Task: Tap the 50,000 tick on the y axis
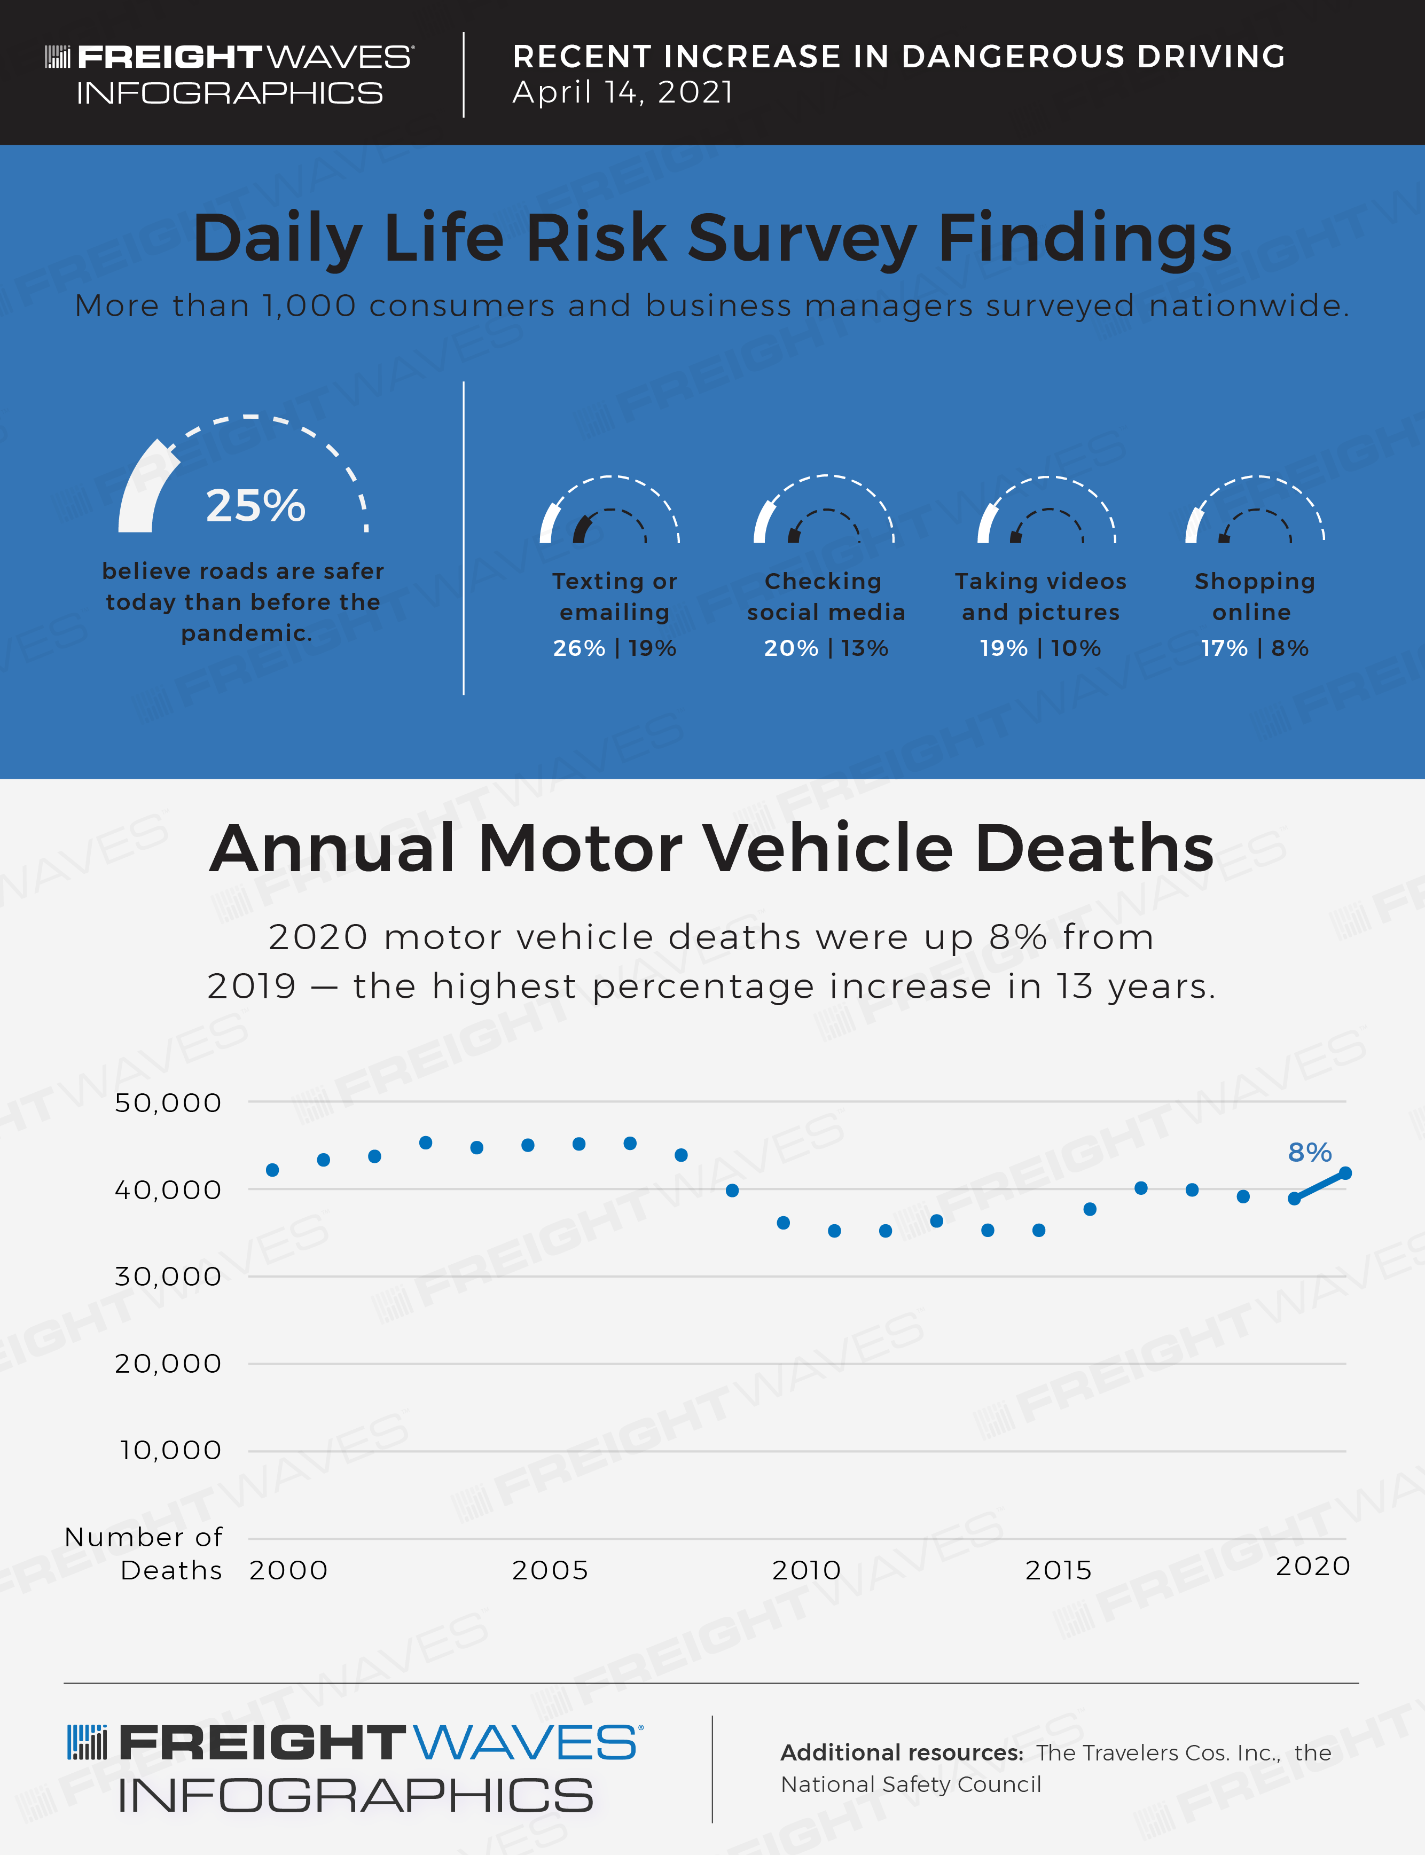[x=168, y=1102]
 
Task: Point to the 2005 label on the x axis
[x=550, y=1570]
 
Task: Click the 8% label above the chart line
[x=1309, y=1152]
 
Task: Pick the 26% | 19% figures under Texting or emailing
[x=614, y=648]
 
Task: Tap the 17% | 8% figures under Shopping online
[x=1254, y=648]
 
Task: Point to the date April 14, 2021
[x=623, y=92]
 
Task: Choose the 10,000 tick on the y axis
[x=170, y=1451]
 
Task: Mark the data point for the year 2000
[x=272, y=1170]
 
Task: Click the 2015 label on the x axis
[x=1058, y=1570]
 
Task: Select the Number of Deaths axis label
[x=144, y=1553]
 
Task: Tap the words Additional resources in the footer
[x=902, y=1752]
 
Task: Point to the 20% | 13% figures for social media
[x=825, y=648]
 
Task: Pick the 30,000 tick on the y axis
[x=168, y=1277]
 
